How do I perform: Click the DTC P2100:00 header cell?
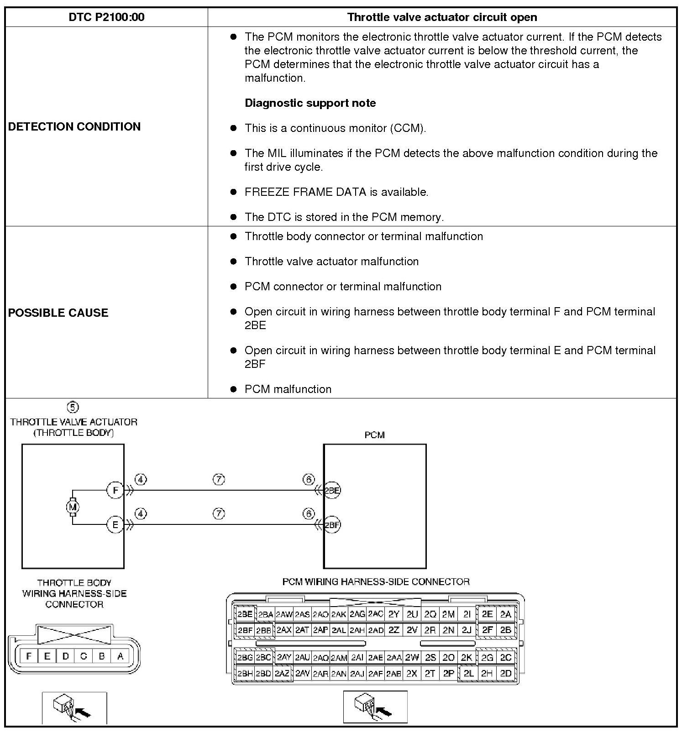click(106, 17)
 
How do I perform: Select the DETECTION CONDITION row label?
click(74, 126)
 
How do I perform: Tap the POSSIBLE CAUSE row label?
click(58, 313)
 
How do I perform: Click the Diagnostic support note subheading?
click(310, 103)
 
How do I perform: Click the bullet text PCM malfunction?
click(288, 389)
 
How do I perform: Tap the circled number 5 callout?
click(73, 407)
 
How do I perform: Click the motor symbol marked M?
click(73, 507)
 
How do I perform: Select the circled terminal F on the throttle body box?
click(115, 491)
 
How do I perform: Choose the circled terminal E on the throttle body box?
click(115, 525)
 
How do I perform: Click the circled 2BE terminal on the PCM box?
click(332, 491)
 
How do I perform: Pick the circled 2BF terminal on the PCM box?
click(332, 525)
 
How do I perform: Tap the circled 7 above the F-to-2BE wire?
click(219, 479)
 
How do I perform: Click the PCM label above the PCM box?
click(374, 435)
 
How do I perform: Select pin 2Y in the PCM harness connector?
click(393, 614)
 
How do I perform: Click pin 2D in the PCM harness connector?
click(505, 673)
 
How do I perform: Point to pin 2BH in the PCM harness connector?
click(245, 673)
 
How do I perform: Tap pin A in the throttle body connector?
click(120, 656)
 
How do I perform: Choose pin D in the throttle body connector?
click(65, 656)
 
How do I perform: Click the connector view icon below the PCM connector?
click(375, 707)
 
